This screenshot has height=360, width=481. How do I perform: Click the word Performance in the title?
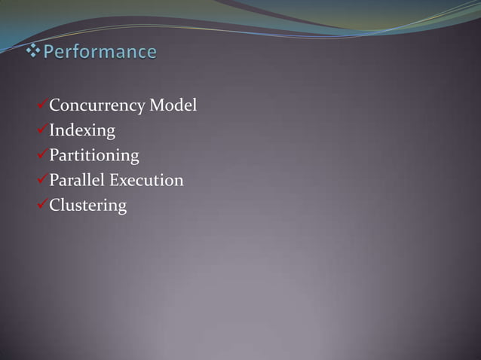100,53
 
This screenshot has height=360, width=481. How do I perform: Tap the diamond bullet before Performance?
34,52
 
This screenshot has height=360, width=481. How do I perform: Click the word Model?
173,105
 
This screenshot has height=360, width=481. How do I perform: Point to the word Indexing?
82,131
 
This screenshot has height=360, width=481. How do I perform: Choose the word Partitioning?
94,156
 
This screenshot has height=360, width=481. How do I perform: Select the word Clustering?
87,206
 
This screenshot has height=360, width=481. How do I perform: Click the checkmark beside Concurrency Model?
43,105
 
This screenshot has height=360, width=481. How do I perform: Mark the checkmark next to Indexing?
43,130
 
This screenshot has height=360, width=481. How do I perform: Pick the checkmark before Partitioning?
43,155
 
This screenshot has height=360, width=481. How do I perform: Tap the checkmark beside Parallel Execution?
43,180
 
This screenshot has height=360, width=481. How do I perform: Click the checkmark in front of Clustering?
43,205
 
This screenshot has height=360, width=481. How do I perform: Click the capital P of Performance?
50,53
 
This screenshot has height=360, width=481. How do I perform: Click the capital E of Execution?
115,180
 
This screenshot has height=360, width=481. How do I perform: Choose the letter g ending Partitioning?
134,157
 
